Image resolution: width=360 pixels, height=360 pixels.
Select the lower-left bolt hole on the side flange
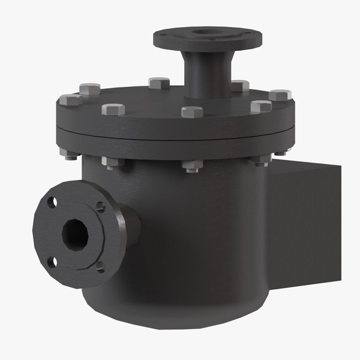(x=52, y=261)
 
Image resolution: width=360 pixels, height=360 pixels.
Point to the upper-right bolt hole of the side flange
(x=100, y=208)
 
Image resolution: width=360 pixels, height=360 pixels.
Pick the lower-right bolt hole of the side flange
(x=100, y=265)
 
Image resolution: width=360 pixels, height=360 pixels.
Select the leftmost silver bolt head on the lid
(x=71, y=99)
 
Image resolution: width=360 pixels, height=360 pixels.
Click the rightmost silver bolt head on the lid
(x=280, y=95)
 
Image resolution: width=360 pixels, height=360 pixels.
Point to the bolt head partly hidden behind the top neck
(x=239, y=86)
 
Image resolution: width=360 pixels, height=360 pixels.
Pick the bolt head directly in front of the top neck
(x=192, y=112)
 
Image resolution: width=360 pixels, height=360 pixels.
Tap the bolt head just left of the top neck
(x=159, y=83)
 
